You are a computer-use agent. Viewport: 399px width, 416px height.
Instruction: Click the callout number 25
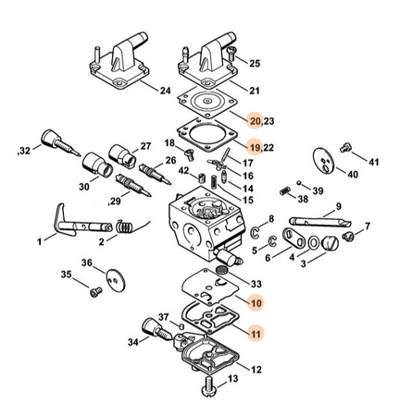tap(255, 64)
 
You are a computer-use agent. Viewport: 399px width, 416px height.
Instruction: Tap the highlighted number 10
tap(256, 303)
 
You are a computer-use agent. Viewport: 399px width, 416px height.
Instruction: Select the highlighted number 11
tap(256, 334)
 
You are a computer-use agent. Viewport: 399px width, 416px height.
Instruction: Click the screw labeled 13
tap(209, 385)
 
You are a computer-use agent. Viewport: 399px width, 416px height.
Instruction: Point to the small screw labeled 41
tap(346, 148)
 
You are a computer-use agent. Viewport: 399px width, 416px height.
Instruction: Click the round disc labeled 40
tap(324, 161)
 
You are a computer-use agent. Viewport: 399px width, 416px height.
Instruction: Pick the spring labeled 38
tap(285, 190)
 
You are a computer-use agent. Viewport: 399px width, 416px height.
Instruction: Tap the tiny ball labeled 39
tap(299, 183)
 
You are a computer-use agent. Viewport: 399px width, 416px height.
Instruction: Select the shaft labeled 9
tap(319, 222)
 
